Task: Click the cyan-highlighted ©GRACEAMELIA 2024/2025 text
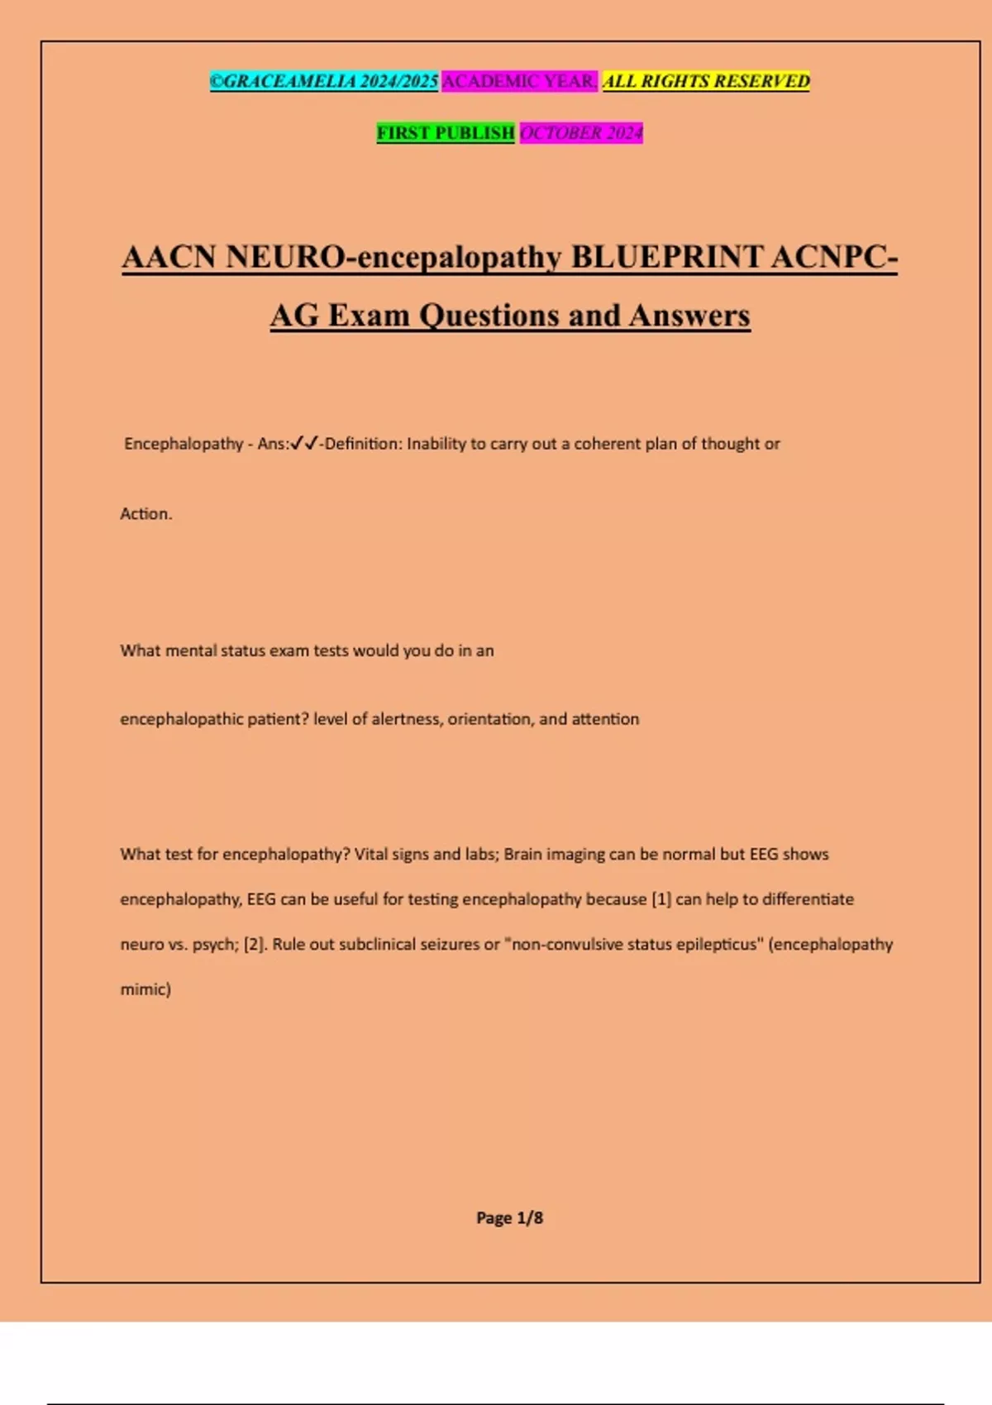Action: tap(324, 81)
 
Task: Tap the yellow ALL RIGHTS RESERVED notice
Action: tap(706, 81)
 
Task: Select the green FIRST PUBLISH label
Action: tap(446, 132)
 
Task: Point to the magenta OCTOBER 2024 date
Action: tap(581, 132)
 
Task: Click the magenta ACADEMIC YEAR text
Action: tap(519, 81)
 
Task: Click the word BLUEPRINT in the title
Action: tap(666, 257)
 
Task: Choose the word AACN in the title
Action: tap(169, 257)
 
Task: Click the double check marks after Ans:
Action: tap(304, 444)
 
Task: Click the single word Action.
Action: tap(146, 513)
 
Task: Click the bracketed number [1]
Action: tap(661, 899)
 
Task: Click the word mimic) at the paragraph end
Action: tap(145, 988)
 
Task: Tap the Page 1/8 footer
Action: tap(509, 1217)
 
